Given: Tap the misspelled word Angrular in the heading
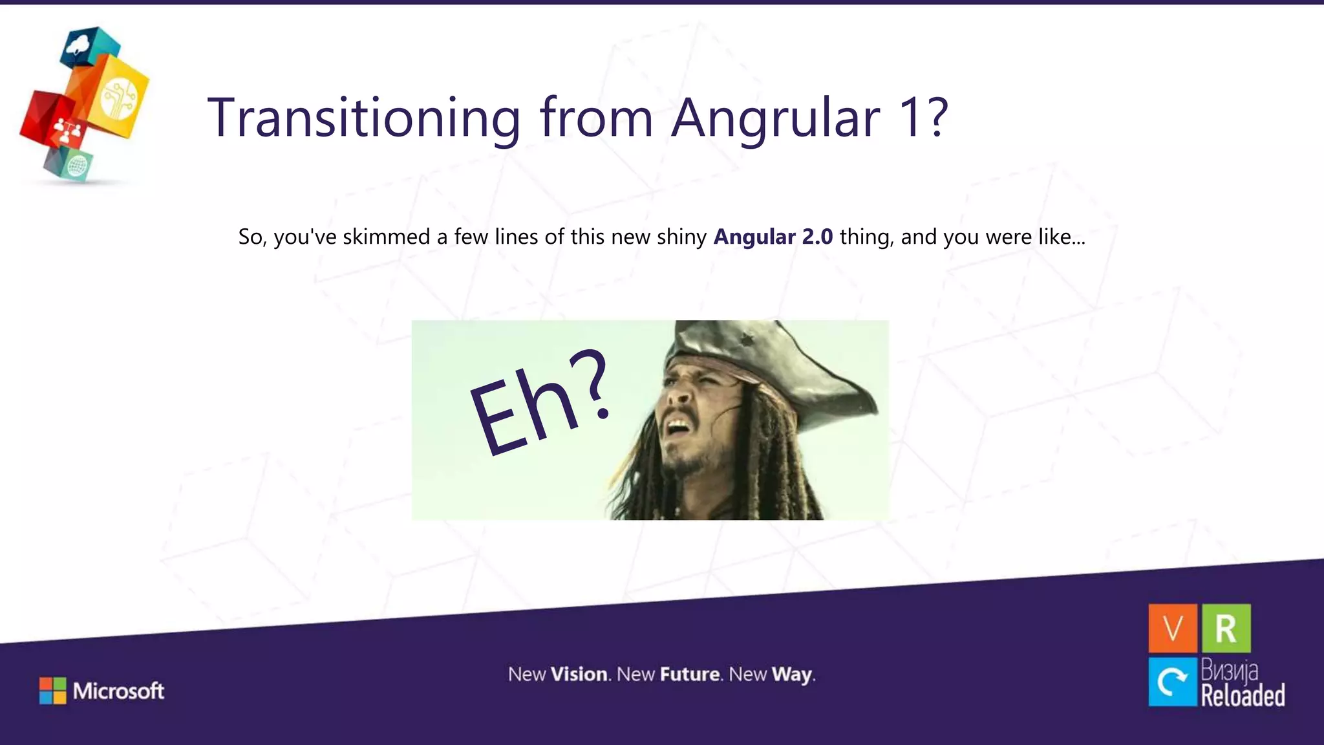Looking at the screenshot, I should pyautogui.click(x=775, y=118).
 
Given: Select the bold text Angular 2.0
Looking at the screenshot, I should pyautogui.click(x=773, y=237).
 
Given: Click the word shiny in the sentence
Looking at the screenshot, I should pyautogui.click(x=681, y=237).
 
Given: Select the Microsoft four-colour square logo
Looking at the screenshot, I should pyautogui.click(x=52, y=691).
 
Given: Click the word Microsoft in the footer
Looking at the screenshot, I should pyautogui.click(x=118, y=691).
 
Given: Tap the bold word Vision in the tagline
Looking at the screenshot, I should pyautogui.click(x=579, y=675).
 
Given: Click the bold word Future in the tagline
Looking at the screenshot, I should pyautogui.click(x=690, y=675).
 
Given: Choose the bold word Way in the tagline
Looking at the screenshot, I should pyautogui.click(x=792, y=675).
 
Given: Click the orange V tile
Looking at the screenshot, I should pyautogui.click(x=1173, y=628).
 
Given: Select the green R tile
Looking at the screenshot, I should pyautogui.click(x=1226, y=628).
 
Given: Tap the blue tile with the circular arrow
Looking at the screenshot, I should pyautogui.click(x=1173, y=682).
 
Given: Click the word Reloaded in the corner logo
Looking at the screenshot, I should pyautogui.click(x=1243, y=696).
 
